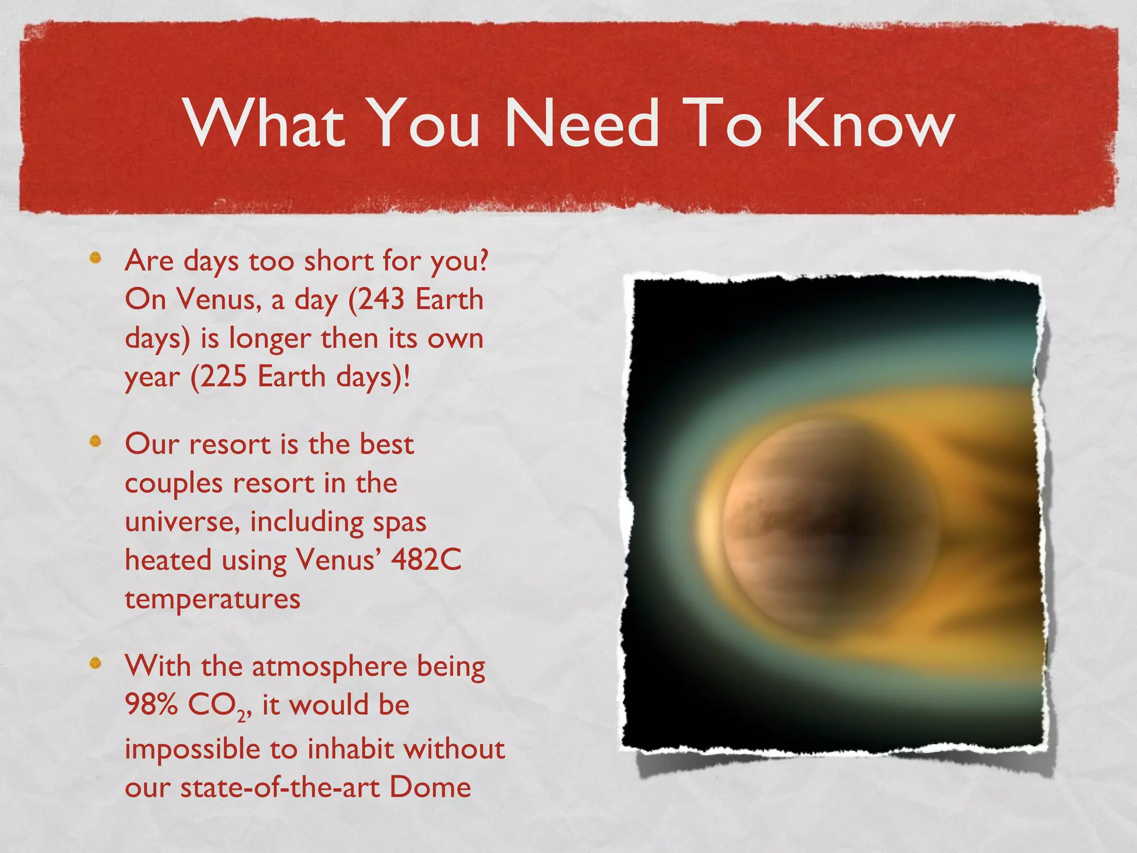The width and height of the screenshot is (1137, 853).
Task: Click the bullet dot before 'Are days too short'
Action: [95, 257]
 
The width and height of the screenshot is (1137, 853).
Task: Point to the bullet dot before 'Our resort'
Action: [95, 441]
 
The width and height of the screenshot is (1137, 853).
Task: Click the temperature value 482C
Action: [426, 560]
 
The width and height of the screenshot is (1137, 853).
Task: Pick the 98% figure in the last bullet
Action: [151, 705]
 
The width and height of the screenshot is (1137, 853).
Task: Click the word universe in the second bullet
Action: [182, 521]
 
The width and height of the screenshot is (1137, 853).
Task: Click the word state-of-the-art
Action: [279, 787]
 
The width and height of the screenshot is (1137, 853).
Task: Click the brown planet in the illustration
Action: [822, 528]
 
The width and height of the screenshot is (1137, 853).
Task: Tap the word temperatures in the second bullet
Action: [213, 599]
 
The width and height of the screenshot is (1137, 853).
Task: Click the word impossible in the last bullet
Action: [192, 750]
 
